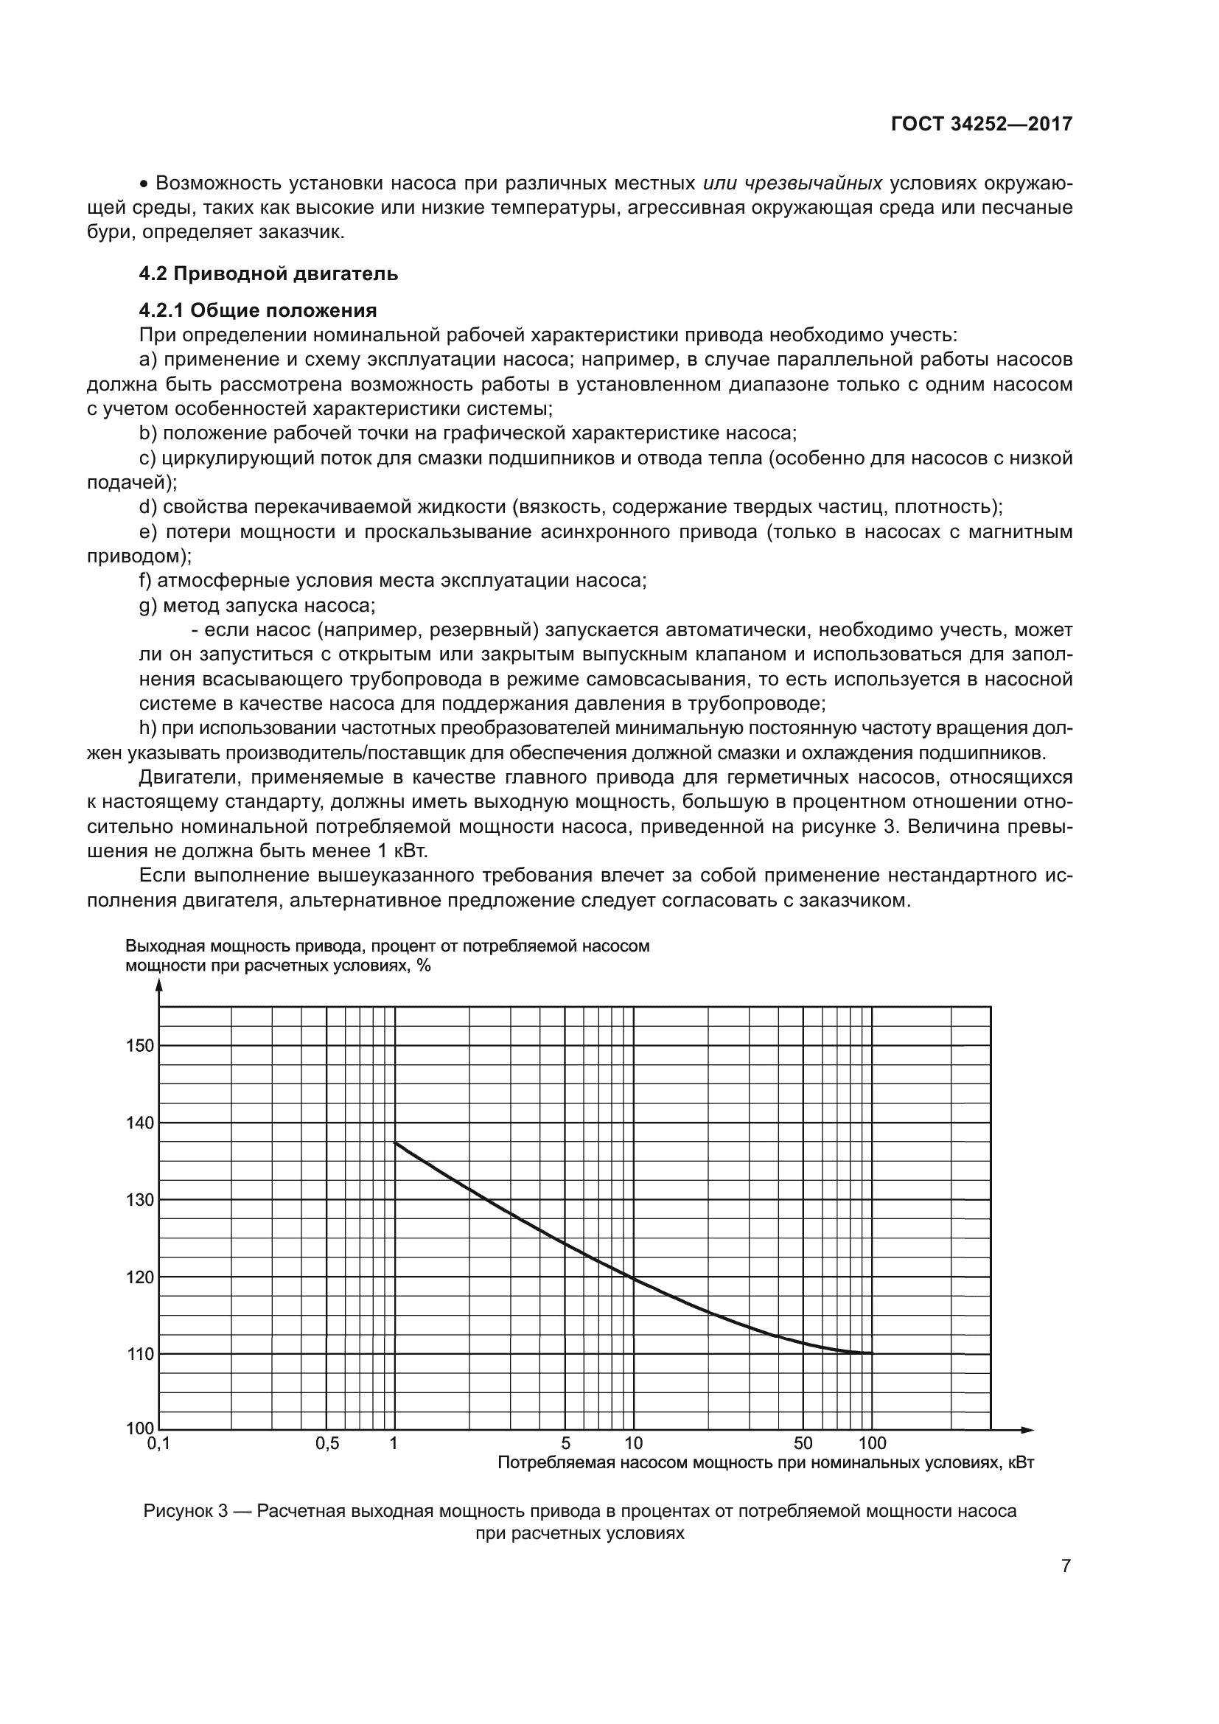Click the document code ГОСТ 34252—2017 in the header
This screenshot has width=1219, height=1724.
(x=981, y=124)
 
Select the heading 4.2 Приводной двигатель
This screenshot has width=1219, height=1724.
(x=268, y=274)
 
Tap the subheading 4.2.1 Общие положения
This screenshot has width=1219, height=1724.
(x=257, y=310)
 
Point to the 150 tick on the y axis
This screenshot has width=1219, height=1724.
(x=140, y=1046)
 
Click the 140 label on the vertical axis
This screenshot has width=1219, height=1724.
(x=140, y=1123)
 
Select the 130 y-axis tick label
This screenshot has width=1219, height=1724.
(x=140, y=1200)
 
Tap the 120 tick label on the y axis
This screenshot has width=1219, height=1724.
(x=140, y=1277)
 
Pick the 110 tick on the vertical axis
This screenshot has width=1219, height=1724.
(x=140, y=1355)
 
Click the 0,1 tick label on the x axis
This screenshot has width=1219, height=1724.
(x=158, y=1443)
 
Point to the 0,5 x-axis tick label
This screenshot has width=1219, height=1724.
(x=327, y=1443)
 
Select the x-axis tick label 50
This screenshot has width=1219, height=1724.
(x=803, y=1443)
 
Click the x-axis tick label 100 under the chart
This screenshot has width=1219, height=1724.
(x=871, y=1443)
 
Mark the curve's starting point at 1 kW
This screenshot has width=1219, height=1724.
(x=396, y=1143)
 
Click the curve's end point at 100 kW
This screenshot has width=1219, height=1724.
(x=872, y=1353)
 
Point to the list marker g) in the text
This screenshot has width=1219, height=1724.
(x=149, y=605)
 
